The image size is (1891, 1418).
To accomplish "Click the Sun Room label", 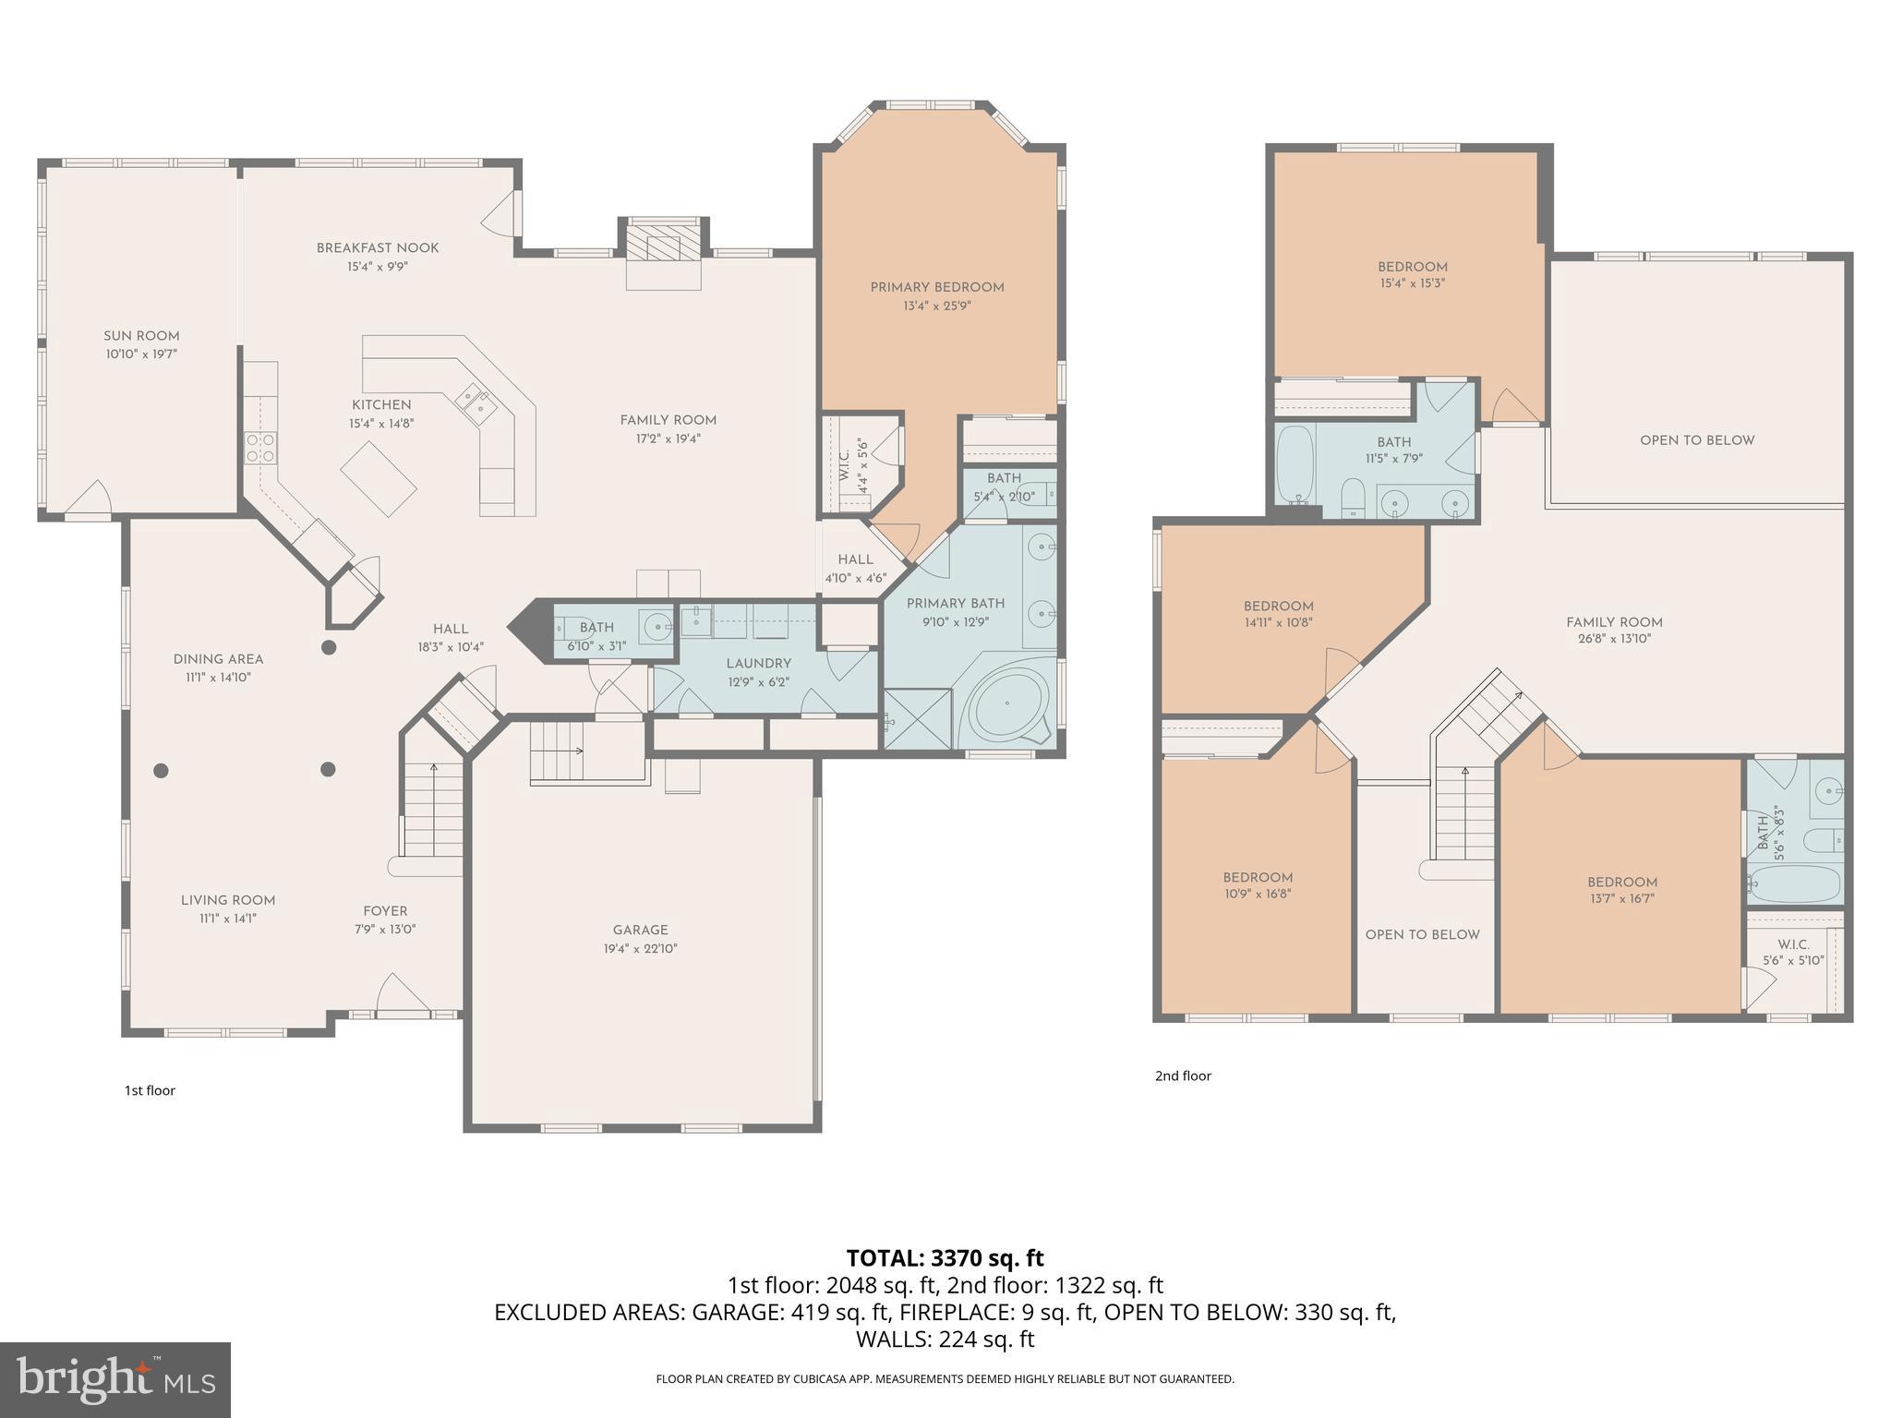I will click(x=141, y=336).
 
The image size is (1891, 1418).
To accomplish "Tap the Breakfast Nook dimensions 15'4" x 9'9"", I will click(x=378, y=267).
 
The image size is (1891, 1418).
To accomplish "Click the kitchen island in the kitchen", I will click(x=379, y=477).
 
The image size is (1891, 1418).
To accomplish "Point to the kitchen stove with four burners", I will click(x=259, y=448).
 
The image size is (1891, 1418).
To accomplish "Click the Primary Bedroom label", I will click(x=937, y=287).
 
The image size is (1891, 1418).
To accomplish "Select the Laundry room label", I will click(x=758, y=663).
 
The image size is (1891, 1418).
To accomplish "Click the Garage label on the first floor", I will click(x=640, y=930).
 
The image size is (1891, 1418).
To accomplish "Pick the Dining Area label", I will click(x=218, y=659).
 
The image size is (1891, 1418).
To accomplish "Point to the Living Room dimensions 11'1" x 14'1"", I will click(x=228, y=919).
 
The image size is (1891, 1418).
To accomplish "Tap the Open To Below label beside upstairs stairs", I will click(x=1422, y=934).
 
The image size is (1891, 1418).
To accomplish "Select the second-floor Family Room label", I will click(x=1614, y=622).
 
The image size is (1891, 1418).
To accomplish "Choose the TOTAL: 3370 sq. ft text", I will click(x=945, y=1257).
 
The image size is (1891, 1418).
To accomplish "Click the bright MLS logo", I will click(x=115, y=1380).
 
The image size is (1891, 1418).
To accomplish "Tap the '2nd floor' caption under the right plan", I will click(x=1183, y=1076).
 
